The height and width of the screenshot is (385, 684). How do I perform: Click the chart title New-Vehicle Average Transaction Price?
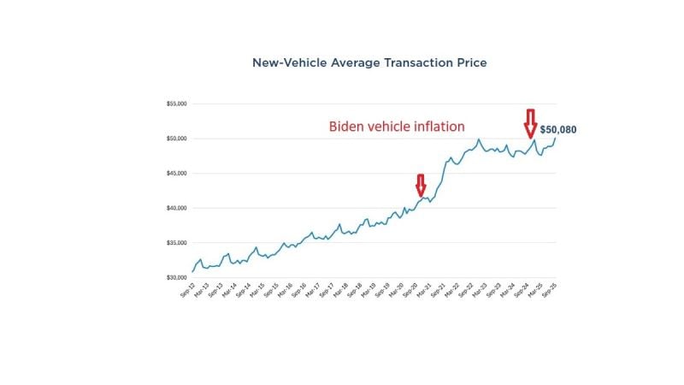coord(369,63)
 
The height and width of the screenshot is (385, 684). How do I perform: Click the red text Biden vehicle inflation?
coord(397,127)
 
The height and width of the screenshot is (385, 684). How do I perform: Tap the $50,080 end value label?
coord(557,130)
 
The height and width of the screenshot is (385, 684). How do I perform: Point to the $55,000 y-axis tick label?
coord(177,104)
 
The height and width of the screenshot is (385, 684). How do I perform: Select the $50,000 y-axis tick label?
coord(177,139)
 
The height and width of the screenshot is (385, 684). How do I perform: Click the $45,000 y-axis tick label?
coord(177,174)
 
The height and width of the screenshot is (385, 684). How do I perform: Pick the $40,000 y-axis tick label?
coord(177,208)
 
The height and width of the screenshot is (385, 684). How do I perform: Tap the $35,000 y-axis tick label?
coord(177,243)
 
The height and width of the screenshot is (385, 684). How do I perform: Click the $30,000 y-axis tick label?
coord(177,278)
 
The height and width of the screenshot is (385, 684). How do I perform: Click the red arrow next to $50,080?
coord(530,123)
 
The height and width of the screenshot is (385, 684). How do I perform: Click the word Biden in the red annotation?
coord(347,127)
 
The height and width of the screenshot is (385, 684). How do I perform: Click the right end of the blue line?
coord(554,139)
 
